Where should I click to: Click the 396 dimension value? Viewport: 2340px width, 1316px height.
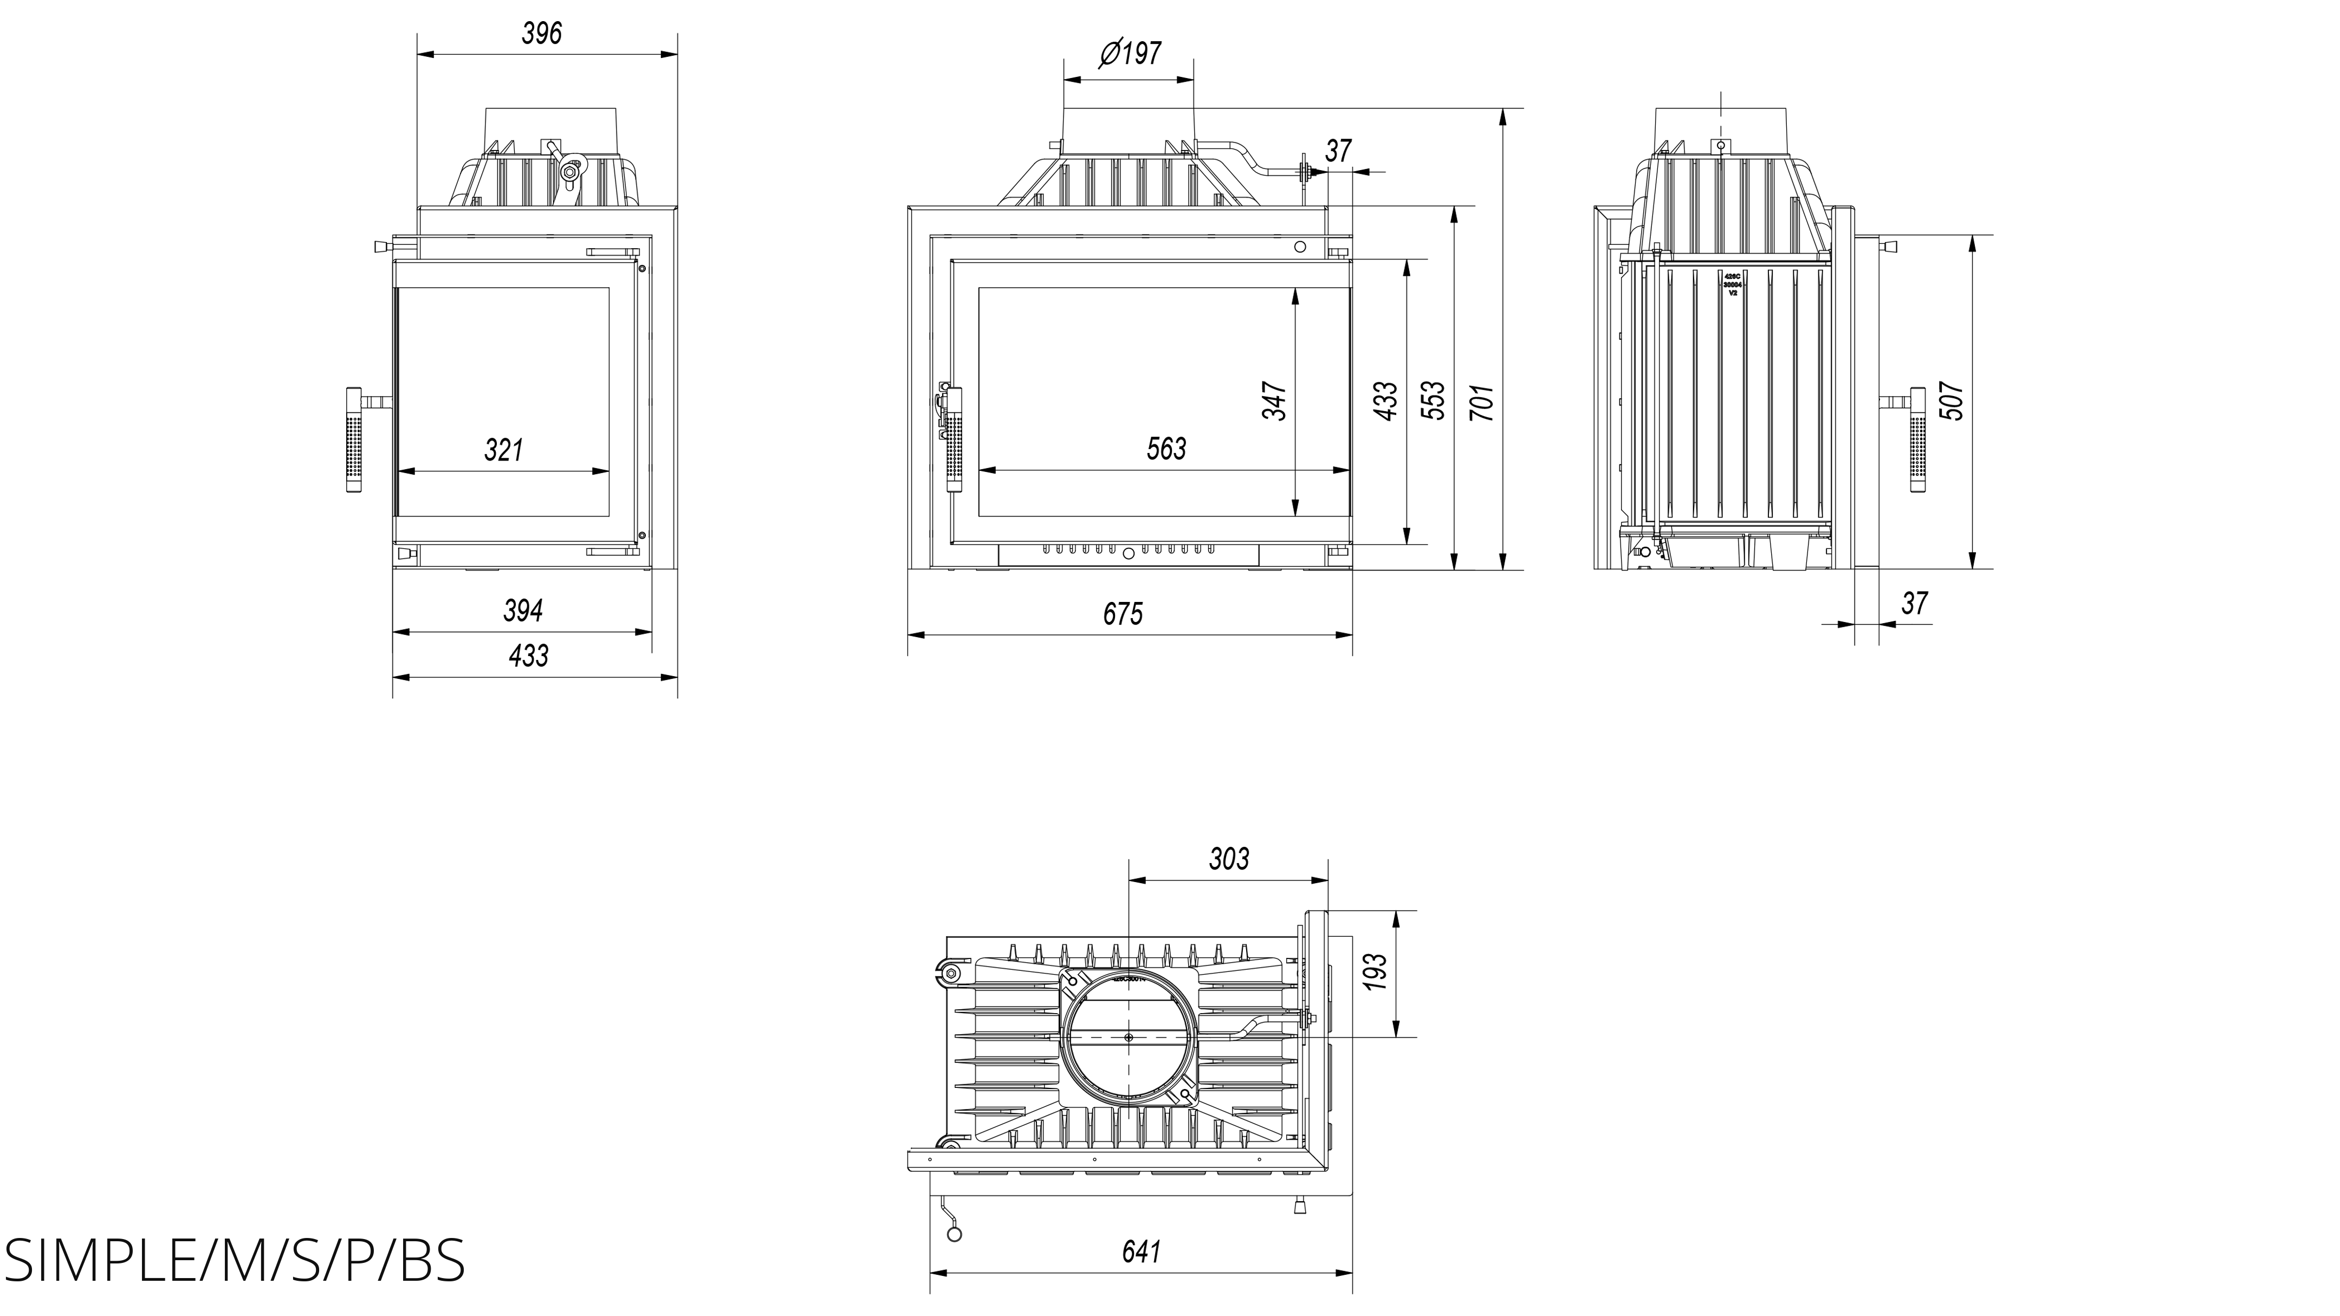542,34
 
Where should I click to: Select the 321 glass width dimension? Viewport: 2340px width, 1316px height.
504,450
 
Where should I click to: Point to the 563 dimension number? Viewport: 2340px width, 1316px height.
1166,449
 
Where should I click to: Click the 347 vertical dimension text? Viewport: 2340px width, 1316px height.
1274,400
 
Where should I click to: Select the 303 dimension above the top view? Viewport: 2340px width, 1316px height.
1229,858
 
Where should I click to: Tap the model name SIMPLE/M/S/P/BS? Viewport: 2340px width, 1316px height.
235,1260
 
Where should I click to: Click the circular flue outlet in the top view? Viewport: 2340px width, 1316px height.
1127,1036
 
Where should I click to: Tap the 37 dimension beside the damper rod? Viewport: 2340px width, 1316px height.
1338,151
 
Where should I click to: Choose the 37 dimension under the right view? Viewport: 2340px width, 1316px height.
1914,603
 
